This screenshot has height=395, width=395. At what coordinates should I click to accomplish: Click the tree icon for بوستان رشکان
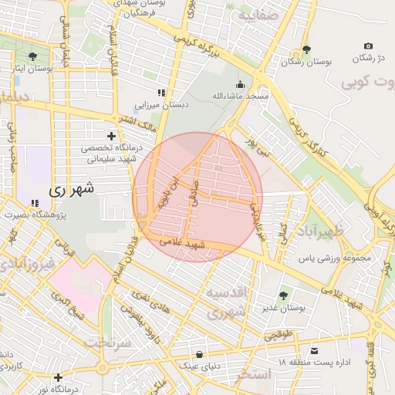pos(307,49)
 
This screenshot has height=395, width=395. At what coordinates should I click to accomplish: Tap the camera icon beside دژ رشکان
pos(368,46)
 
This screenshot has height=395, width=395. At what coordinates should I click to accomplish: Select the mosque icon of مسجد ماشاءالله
pos(240,84)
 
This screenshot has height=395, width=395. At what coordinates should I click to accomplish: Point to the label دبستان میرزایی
pos(161,104)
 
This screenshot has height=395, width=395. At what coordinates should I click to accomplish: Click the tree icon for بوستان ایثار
pos(32,56)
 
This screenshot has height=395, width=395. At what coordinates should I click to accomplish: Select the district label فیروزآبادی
pos(27,265)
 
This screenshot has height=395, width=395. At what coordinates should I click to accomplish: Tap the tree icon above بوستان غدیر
pos(283,295)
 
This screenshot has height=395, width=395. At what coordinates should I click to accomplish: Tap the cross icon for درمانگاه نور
pos(59,377)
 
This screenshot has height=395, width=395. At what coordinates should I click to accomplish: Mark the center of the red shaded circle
pos(197,197)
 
